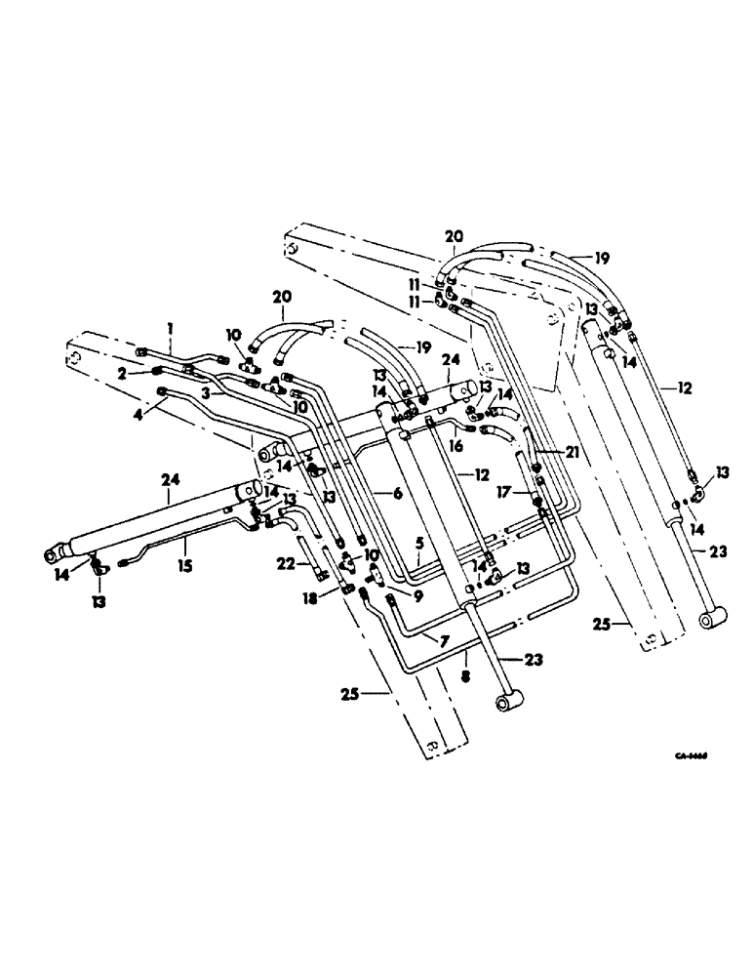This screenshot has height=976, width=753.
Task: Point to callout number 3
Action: pyautogui.click(x=207, y=391)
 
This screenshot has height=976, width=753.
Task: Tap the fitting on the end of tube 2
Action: pyautogui.click(x=157, y=371)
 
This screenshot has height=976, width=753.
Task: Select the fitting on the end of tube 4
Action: pyautogui.click(x=162, y=392)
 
